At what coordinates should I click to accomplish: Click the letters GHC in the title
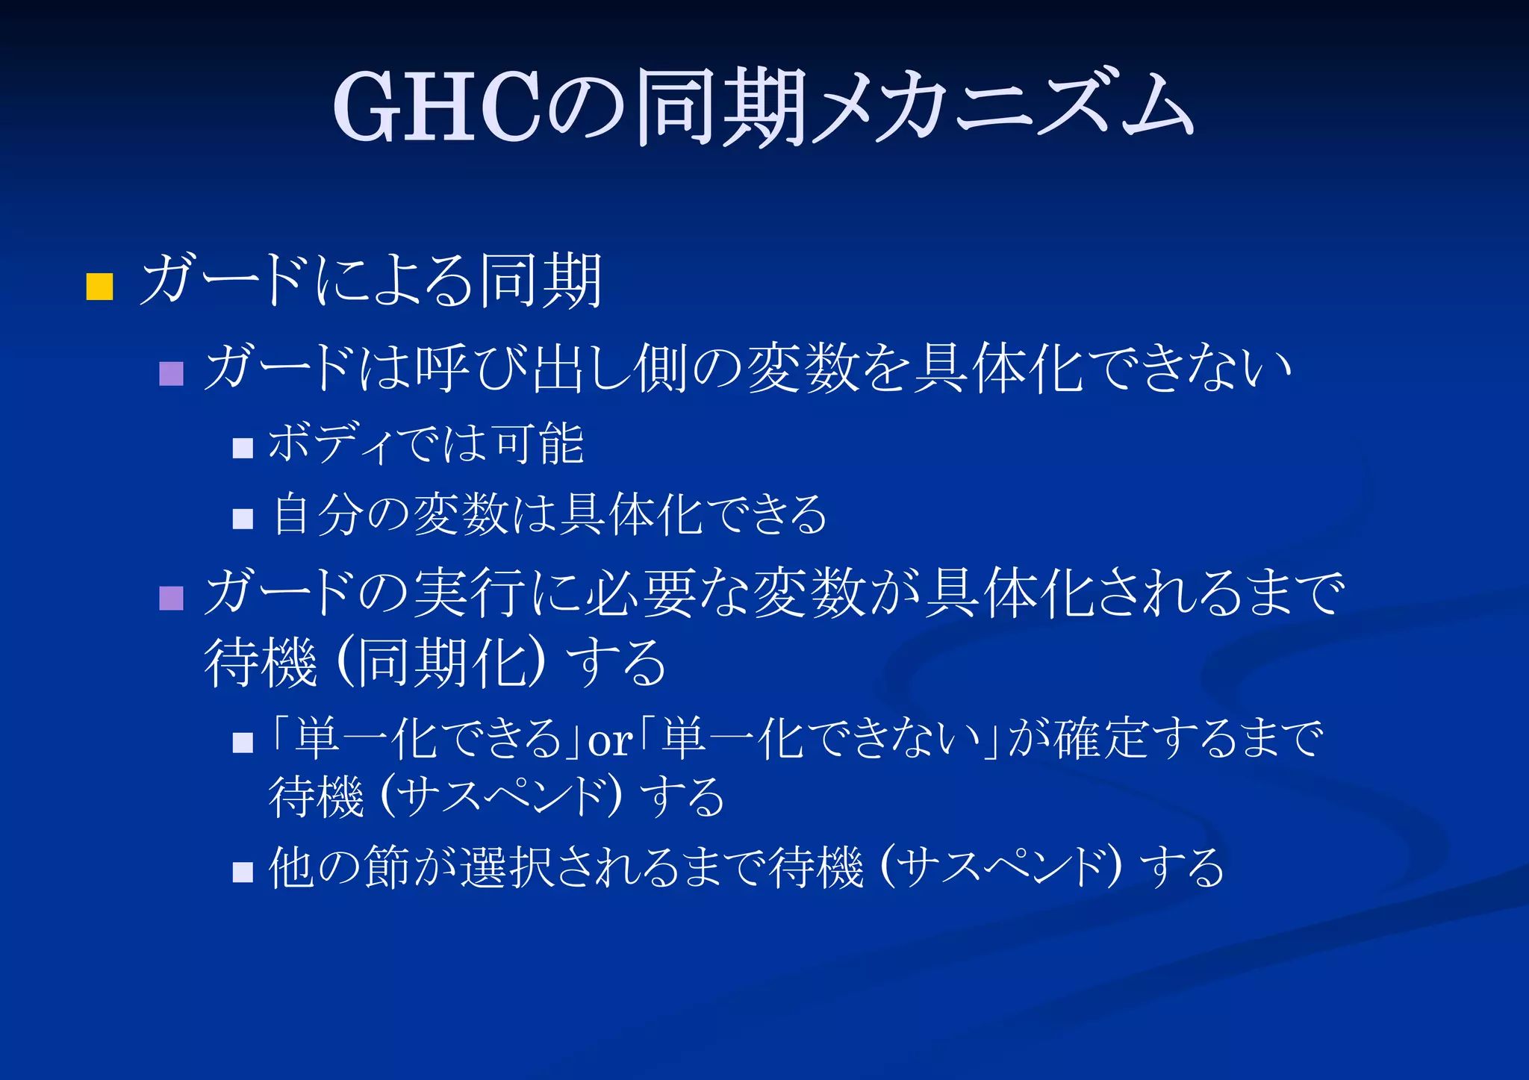(x=437, y=107)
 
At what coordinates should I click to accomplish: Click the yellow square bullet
(x=99, y=286)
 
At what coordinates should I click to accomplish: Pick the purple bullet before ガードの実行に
(x=171, y=597)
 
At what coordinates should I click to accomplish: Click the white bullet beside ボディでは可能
(x=243, y=447)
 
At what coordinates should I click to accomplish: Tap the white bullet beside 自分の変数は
(x=243, y=518)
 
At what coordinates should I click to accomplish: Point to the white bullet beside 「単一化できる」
(x=243, y=742)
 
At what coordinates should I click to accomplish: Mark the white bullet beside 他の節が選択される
(x=243, y=871)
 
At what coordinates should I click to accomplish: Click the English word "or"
(x=610, y=741)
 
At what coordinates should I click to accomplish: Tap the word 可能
(x=539, y=443)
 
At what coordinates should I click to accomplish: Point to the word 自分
(x=319, y=514)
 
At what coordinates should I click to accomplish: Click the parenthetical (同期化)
(x=440, y=663)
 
